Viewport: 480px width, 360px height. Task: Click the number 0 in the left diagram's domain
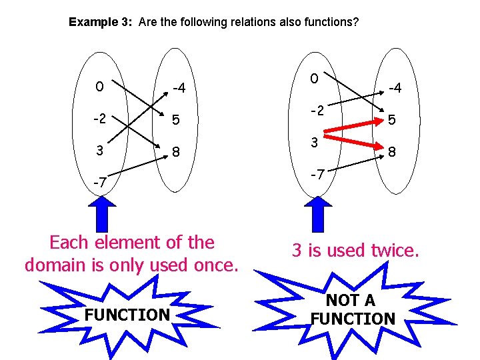click(x=99, y=87)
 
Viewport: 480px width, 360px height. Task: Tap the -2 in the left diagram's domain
click(x=101, y=119)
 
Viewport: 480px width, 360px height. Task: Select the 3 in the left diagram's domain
click(x=99, y=150)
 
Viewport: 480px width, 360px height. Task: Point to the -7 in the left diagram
click(x=100, y=182)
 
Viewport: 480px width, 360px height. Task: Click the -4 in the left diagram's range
click(x=179, y=88)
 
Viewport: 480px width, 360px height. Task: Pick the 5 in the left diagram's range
click(x=176, y=121)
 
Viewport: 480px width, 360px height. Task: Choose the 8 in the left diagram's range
click(x=176, y=152)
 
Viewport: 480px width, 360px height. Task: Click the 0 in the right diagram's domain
click(x=314, y=79)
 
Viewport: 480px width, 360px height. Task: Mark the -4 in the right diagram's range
click(x=393, y=88)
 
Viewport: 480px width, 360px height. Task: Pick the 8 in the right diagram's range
click(x=393, y=153)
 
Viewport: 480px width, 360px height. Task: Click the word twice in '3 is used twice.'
click(x=394, y=251)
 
